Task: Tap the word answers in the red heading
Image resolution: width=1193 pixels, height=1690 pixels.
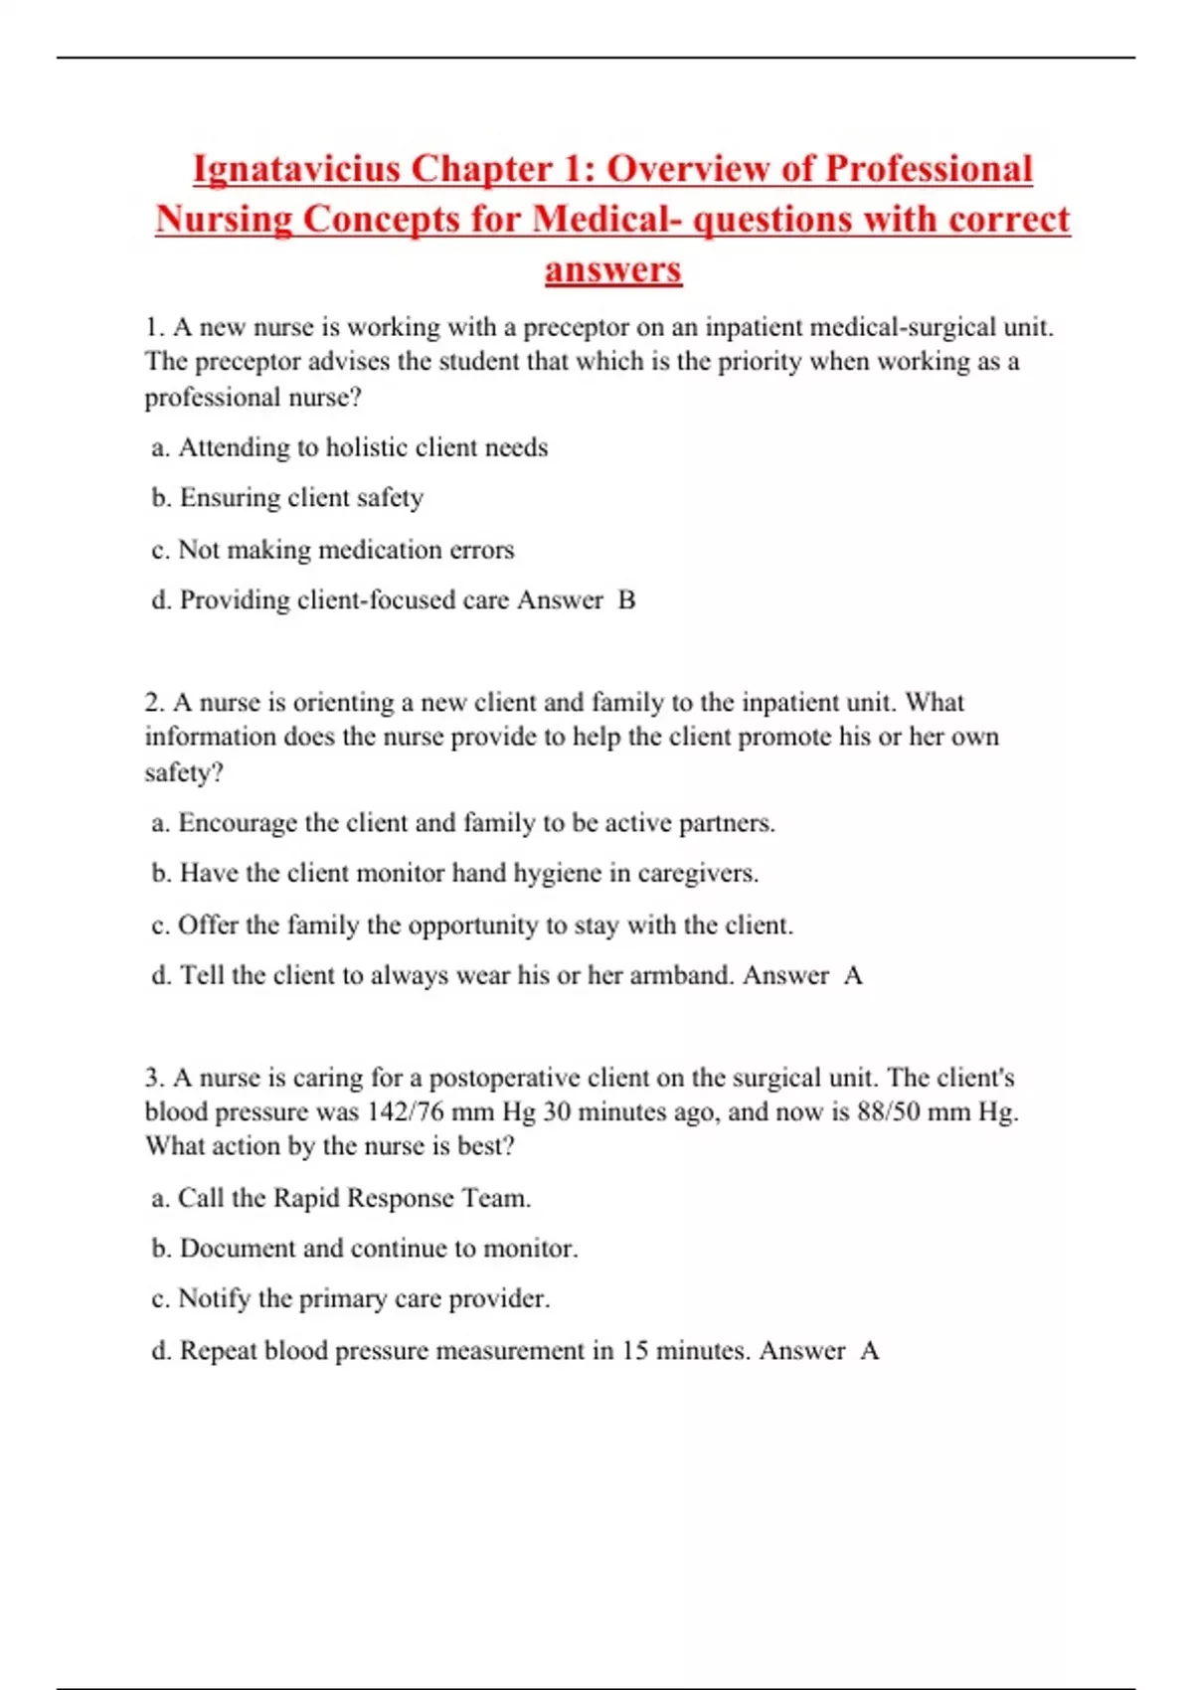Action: pos(612,269)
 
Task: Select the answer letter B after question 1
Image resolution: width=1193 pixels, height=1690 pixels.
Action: pos(626,600)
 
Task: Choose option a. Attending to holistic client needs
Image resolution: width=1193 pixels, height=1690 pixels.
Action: pos(349,448)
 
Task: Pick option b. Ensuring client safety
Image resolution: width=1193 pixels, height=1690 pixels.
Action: pos(287,498)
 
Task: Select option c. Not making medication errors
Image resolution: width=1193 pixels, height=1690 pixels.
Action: pos(333,550)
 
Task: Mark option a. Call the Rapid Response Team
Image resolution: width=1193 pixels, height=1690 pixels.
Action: pos(341,1198)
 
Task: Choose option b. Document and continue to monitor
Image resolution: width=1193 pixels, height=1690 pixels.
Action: pos(364,1249)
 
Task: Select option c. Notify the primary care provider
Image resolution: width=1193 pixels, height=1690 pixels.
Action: pos(350,1299)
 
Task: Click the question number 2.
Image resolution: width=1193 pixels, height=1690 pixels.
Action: pos(153,703)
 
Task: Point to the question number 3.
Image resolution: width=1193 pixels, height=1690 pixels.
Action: pos(153,1078)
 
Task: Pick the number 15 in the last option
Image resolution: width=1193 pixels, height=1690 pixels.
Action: pos(635,1351)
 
